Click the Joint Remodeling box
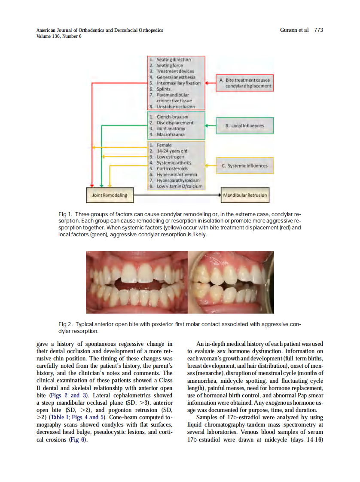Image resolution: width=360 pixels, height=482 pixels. click(110, 195)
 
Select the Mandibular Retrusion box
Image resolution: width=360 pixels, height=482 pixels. click(244, 195)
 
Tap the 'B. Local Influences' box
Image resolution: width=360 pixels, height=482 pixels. click(244, 126)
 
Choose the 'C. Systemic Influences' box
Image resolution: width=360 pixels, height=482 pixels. click(244, 166)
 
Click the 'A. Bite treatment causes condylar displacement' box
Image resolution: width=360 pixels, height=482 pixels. click(244, 83)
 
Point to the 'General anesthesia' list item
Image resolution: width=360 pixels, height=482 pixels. click(176, 77)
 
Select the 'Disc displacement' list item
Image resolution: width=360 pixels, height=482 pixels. click(175, 123)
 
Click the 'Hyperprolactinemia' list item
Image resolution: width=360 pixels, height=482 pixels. click(177, 175)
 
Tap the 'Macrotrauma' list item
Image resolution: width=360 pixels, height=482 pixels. click(171, 134)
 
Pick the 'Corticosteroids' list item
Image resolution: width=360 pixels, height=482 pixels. click(172, 169)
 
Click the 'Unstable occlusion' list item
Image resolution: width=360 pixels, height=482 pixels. click(175, 107)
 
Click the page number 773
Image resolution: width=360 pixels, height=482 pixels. click(318, 30)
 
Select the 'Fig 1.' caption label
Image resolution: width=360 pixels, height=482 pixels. click(65, 214)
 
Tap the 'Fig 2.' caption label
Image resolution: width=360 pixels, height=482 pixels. click(65, 323)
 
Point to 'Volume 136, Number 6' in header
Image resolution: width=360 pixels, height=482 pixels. click(59, 36)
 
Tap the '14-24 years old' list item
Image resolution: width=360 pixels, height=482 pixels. click(172, 151)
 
